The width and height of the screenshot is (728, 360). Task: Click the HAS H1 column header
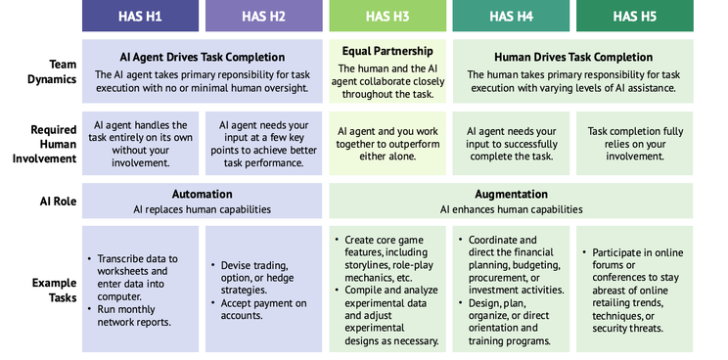[x=140, y=16]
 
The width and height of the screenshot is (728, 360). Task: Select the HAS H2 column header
[x=264, y=16]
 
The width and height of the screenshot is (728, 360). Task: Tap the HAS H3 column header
[x=387, y=16]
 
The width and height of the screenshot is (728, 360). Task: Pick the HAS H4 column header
[x=511, y=16]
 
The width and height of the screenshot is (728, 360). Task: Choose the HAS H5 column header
[x=635, y=16]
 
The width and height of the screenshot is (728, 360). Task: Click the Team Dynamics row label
[x=52, y=71]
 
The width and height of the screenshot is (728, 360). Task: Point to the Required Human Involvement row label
[x=45, y=144]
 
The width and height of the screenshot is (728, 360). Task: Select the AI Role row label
[x=58, y=202]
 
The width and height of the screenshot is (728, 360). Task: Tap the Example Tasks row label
[x=55, y=290]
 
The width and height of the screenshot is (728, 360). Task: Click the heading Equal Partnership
[x=387, y=51]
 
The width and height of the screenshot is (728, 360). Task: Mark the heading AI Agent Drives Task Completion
[x=203, y=57]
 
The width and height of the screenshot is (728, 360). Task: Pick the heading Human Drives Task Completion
[x=573, y=57]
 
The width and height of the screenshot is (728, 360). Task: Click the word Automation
[x=202, y=194]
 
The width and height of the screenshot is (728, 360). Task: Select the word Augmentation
[x=511, y=194]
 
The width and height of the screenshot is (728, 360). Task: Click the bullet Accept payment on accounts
[x=258, y=309]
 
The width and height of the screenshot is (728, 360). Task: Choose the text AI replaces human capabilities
[x=202, y=209]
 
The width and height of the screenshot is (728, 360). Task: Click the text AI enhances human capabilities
[x=511, y=209]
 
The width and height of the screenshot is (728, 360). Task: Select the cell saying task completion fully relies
[x=635, y=144]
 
